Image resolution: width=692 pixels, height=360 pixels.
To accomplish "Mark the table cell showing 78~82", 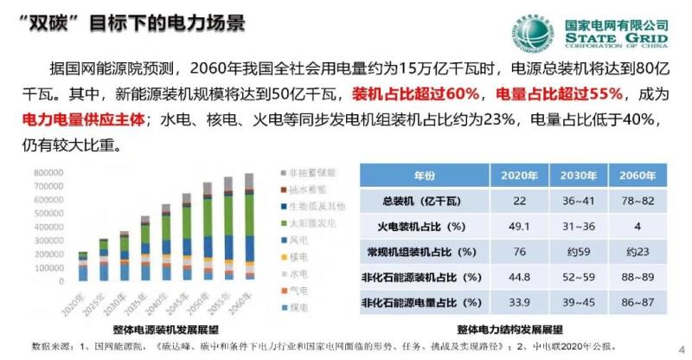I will [639, 201].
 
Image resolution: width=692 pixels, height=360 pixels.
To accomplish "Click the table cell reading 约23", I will [639, 252].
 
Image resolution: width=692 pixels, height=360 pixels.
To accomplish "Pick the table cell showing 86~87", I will [639, 303].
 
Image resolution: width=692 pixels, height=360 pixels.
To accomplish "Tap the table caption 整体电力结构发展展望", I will [510, 331].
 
